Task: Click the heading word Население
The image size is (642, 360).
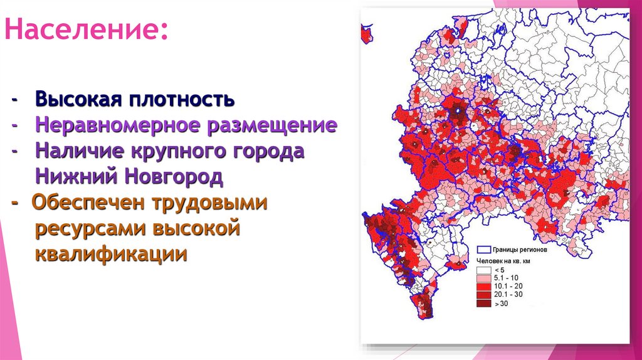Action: click(x=85, y=29)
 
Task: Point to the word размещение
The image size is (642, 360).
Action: click(x=268, y=125)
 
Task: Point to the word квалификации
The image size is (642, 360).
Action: click(x=111, y=255)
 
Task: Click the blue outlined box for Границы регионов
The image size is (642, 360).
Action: click(x=484, y=249)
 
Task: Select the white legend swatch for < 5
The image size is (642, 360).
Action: click(x=484, y=268)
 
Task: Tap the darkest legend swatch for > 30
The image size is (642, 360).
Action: click(x=484, y=304)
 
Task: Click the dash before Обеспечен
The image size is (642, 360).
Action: click(x=14, y=203)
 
